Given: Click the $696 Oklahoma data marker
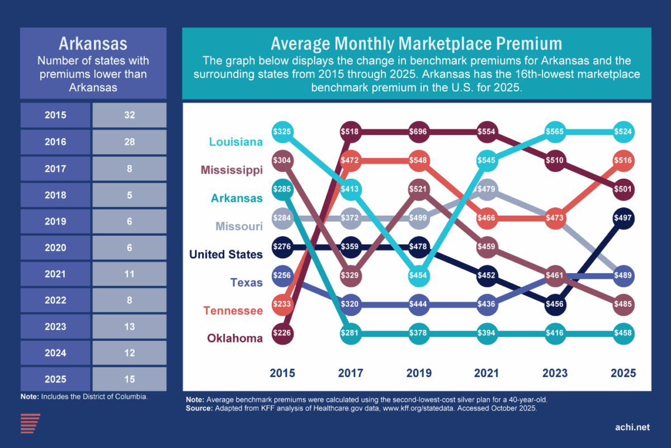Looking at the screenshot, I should click(x=419, y=132).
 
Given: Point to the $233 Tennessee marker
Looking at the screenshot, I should click(x=282, y=303).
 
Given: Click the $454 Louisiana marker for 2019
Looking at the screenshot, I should click(x=419, y=276).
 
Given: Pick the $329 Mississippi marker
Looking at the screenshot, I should click(x=351, y=276).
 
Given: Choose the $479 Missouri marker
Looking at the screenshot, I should click(x=487, y=188).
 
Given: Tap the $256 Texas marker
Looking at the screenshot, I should click(x=282, y=275).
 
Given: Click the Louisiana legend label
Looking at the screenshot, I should click(x=235, y=142).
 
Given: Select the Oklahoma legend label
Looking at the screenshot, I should click(x=235, y=338).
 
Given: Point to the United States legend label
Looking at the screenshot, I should click(x=226, y=254).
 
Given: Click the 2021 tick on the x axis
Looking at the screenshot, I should click(x=486, y=373).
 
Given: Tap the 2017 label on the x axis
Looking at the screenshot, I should click(x=351, y=373).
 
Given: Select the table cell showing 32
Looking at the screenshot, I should click(x=129, y=115).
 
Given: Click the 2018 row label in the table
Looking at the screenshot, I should click(x=55, y=195).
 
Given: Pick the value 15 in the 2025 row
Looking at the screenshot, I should click(x=129, y=379).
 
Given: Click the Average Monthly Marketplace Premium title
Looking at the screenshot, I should click(x=416, y=44).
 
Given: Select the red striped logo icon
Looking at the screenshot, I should click(x=30, y=423).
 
